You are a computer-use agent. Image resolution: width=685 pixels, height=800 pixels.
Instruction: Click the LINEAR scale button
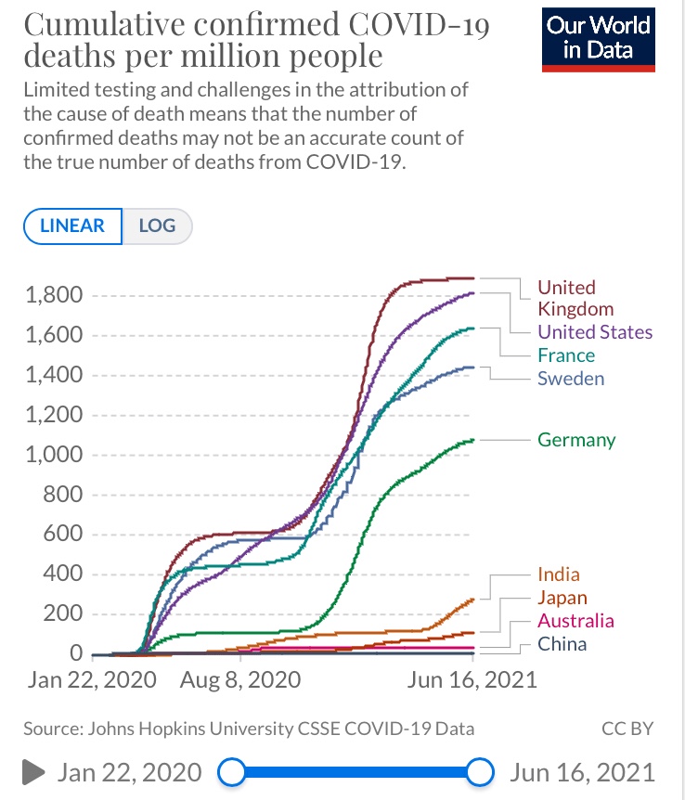coord(72,226)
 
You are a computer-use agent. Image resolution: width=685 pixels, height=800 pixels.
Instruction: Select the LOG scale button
coord(157,226)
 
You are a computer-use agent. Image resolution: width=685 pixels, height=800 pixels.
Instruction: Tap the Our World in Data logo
coord(599,38)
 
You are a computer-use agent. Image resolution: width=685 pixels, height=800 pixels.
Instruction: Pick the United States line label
coord(595,332)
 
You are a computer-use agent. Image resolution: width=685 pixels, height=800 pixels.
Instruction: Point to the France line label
coord(566,355)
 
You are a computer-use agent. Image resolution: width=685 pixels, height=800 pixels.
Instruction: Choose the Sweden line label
coord(571,379)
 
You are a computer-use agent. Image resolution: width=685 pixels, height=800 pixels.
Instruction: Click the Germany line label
coord(576,439)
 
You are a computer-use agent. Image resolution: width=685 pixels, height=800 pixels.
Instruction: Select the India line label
coord(559,574)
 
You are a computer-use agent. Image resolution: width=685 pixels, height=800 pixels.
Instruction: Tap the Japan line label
coord(562,598)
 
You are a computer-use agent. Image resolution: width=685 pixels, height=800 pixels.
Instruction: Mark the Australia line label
coord(575,621)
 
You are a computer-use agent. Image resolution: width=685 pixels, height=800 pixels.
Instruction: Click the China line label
coord(562,644)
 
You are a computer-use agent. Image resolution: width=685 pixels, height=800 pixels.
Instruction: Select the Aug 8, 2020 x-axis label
coord(239,680)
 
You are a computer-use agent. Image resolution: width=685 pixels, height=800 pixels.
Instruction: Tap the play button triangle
coord(33,771)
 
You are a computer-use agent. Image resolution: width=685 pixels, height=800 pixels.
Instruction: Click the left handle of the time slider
coord(230,771)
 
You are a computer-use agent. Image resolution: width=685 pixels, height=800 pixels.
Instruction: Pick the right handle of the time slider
coord(480,771)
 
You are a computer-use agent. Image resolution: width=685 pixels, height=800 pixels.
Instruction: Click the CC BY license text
coord(628,729)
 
